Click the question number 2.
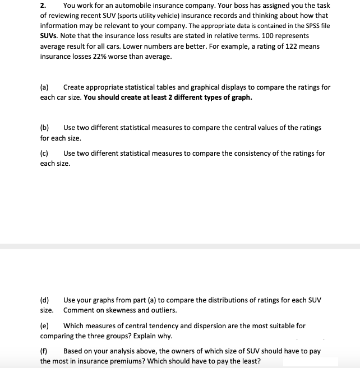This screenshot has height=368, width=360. coord(43,6)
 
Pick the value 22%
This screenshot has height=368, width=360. coord(93,57)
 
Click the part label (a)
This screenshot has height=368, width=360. coord(44,87)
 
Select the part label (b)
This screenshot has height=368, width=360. coord(45,128)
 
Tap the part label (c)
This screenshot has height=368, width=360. coord(44,153)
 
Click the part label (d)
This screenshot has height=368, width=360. coord(45,300)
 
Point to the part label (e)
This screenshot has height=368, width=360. coord(44,325)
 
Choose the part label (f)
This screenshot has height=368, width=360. coord(44,351)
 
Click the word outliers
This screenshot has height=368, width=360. coord(163,310)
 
